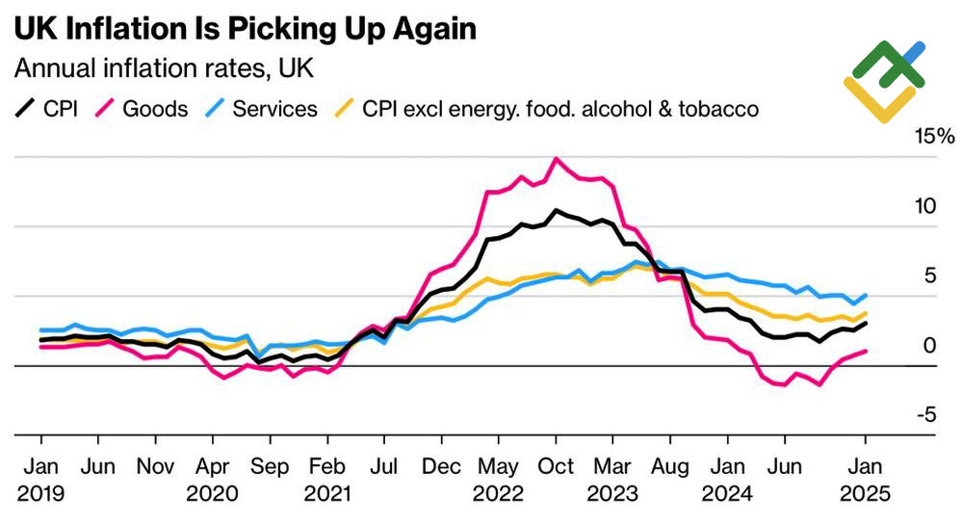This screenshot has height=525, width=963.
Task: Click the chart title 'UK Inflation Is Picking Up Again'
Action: pyautogui.click(x=245, y=29)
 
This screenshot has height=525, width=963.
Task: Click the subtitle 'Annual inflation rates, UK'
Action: pyautogui.click(x=163, y=69)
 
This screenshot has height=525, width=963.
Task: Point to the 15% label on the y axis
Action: pyautogui.click(x=934, y=138)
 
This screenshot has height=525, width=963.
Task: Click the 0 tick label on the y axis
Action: pyautogui.click(x=929, y=345)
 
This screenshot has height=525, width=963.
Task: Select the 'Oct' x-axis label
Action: pyautogui.click(x=556, y=467)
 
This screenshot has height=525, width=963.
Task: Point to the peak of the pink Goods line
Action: pyautogui.click(x=556, y=158)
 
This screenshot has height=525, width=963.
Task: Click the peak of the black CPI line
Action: pyautogui.click(x=556, y=209)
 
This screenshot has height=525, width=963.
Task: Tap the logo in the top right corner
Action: pyautogui.click(x=884, y=82)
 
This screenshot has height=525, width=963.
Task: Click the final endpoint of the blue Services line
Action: pyautogui.click(x=866, y=295)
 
